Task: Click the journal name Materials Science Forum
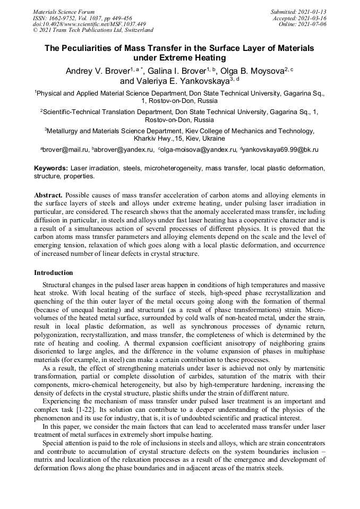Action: pos(64,11)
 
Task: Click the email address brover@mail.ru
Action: pos(65,150)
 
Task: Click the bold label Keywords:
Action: pos(51,168)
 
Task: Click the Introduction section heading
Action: pos(54,273)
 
